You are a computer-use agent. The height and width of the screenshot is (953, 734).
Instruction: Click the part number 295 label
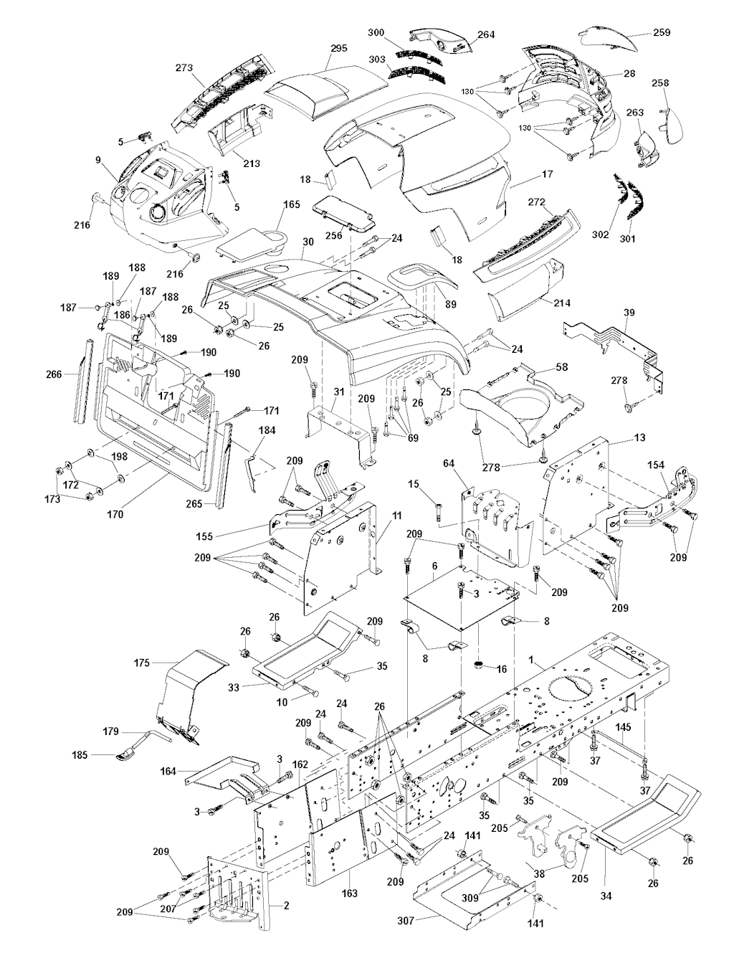[x=338, y=48]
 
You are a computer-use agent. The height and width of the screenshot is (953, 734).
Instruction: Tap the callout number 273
[x=184, y=69]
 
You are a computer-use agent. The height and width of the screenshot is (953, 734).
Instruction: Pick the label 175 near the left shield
[x=142, y=663]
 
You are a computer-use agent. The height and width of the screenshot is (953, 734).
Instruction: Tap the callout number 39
[x=629, y=313]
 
